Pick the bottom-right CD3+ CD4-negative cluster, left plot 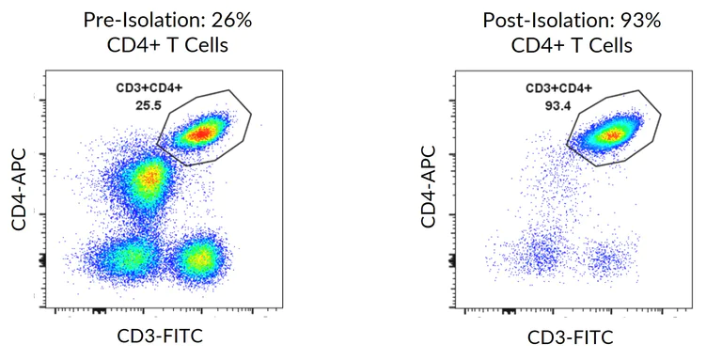coord(199,257)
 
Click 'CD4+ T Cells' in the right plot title coord(572,44)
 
